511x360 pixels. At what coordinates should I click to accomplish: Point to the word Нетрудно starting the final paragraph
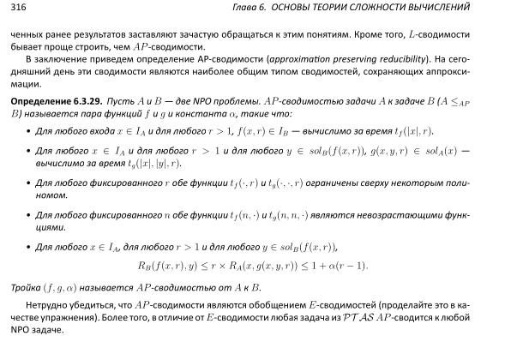(46, 303)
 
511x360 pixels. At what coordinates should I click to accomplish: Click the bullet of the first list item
(27, 131)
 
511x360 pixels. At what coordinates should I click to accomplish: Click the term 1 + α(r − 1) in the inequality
(336, 267)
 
